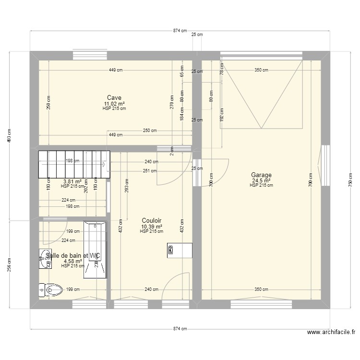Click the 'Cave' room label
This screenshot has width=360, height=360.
click(114, 98)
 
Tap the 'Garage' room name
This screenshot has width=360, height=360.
click(261, 175)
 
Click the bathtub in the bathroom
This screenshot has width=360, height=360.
click(95, 250)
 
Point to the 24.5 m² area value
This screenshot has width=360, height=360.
click(261, 180)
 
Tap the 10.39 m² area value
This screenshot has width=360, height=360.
click(151, 227)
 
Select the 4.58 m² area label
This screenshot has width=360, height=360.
click(72, 261)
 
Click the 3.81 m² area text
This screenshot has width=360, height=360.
click(72, 181)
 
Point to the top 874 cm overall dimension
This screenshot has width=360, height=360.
click(180, 30)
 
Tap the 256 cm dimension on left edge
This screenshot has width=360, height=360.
click(8, 264)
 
